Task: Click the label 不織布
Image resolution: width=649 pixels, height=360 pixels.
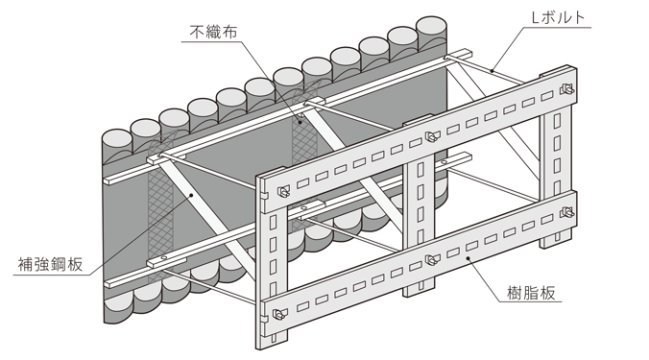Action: pyautogui.click(x=213, y=32)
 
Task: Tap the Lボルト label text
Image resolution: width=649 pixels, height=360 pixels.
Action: pyautogui.click(x=558, y=18)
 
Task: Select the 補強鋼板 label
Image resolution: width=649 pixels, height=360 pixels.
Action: pyautogui.click(x=50, y=264)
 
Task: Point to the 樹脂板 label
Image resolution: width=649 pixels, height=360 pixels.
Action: pyautogui.click(x=531, y=293)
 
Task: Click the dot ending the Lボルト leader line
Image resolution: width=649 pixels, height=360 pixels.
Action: pyautogui.click(x=492, y=71)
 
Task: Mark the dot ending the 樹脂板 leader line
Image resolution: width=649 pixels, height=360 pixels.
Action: pyautogui.click(x=469, y=258)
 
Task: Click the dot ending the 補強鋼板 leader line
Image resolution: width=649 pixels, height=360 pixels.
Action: pyautogui.click(x=191, y=195)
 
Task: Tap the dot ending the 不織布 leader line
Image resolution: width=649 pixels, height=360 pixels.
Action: pyautogui.click(x=301, y=117)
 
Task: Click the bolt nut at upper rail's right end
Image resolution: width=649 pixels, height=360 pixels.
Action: pyautogui.click(x=566, y=89)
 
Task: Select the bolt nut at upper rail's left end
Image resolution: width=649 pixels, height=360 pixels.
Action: pyautogui.click(x=283, y=191)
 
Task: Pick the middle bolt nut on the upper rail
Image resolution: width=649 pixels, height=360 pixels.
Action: pyautogui.click(x=432, y=135)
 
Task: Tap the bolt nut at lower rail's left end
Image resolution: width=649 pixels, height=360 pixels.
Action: pyautogui.click(x=279, y=315)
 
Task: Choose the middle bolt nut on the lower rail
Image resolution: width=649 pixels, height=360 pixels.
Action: pyautogui.click(x=431, y=260)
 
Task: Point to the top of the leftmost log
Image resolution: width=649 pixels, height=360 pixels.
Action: pyautogui.click(x=117, y=137)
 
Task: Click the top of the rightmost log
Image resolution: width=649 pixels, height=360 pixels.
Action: pyautogui.click(x=431, y=25)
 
